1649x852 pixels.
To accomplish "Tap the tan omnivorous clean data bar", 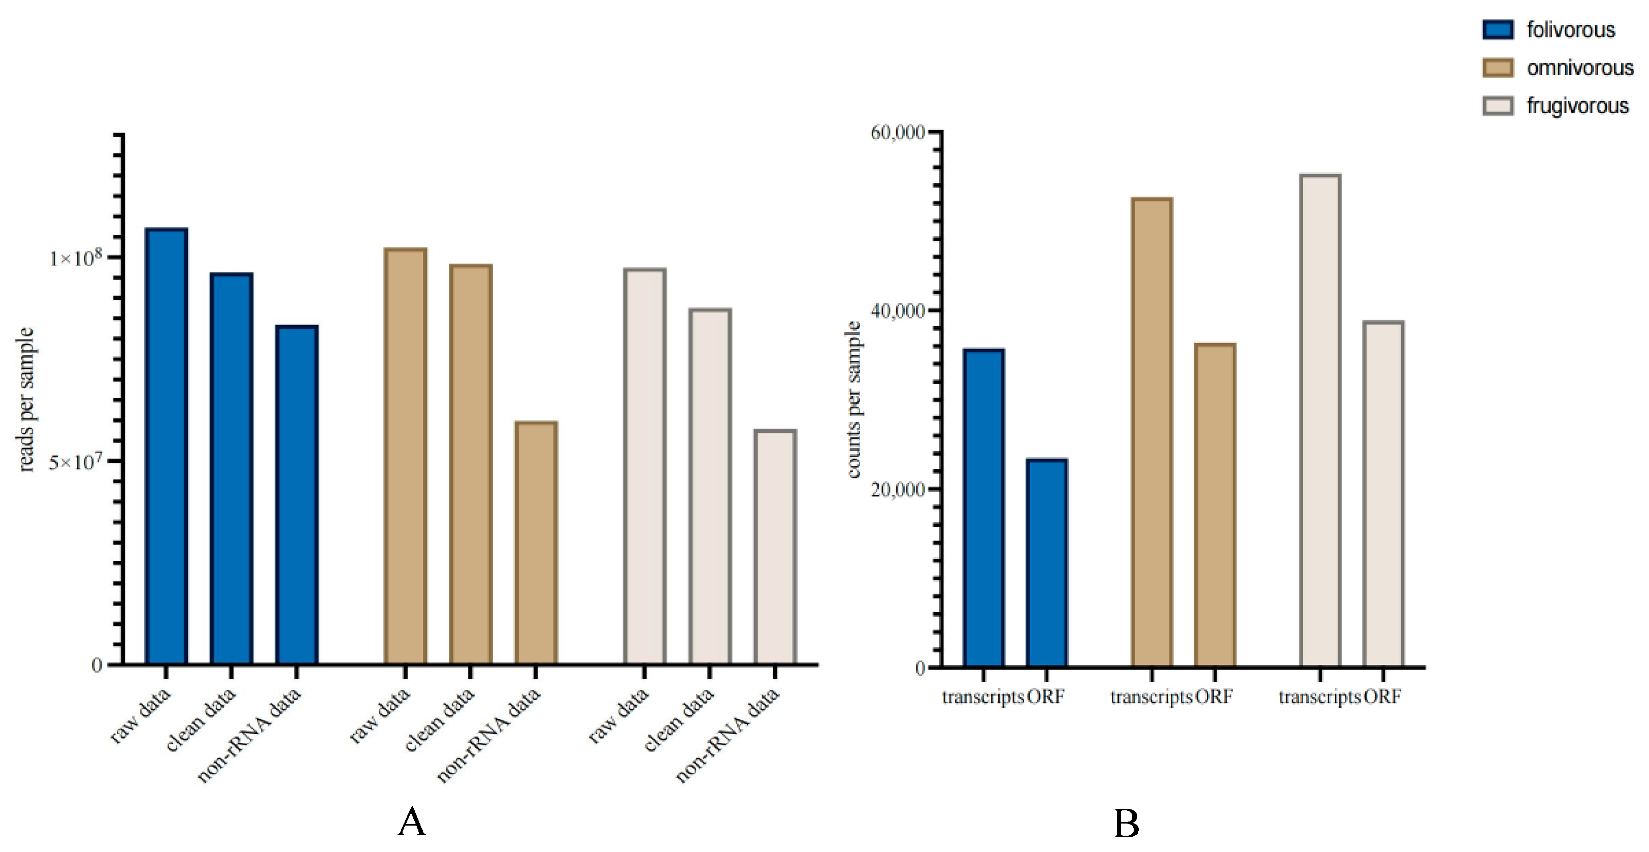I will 471,464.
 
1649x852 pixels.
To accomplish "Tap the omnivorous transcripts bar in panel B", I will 1151,432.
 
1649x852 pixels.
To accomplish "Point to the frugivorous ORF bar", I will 1383,494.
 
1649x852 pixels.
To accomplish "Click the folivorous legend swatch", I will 1498,30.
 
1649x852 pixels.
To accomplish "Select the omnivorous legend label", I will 1579,68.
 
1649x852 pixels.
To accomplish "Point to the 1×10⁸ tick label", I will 76,258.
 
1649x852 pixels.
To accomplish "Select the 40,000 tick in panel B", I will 898,311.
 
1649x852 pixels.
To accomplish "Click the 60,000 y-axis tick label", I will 898,133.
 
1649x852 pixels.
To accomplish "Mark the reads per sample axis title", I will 25,400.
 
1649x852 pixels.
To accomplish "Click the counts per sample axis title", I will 853,400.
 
